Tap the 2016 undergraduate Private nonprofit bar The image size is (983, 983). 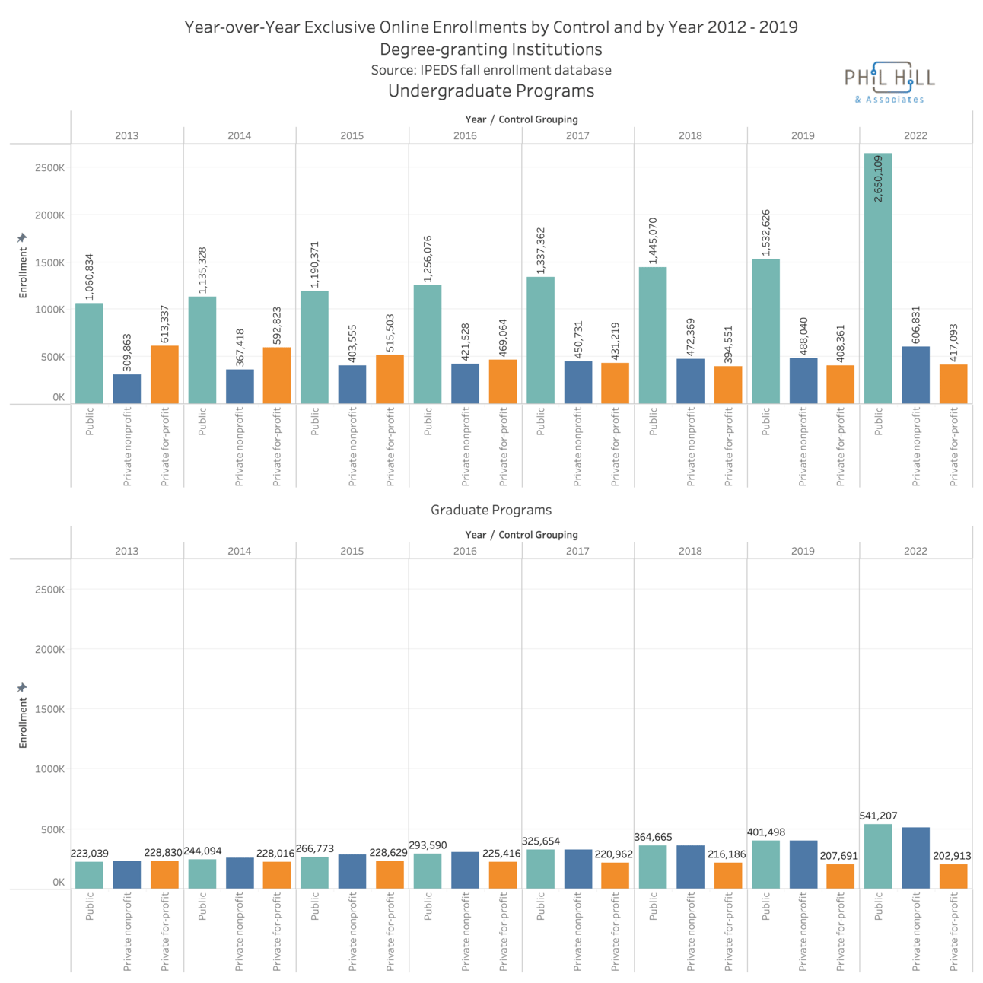[465, 383]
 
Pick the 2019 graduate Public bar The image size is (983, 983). [765, 864]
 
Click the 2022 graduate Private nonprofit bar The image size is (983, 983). [915, 857]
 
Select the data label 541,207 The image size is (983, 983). [878, 816]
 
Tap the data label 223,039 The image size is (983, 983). [90, 854]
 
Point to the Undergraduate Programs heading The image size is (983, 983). [491, 91]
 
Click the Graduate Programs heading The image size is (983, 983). [491, 510]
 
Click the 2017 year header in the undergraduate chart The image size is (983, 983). [577, 135]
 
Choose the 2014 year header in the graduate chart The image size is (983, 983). [239, 551]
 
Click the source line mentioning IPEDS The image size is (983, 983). [491, 70]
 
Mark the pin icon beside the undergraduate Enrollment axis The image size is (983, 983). [22, 238]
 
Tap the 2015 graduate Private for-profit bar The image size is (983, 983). [390, 874]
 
